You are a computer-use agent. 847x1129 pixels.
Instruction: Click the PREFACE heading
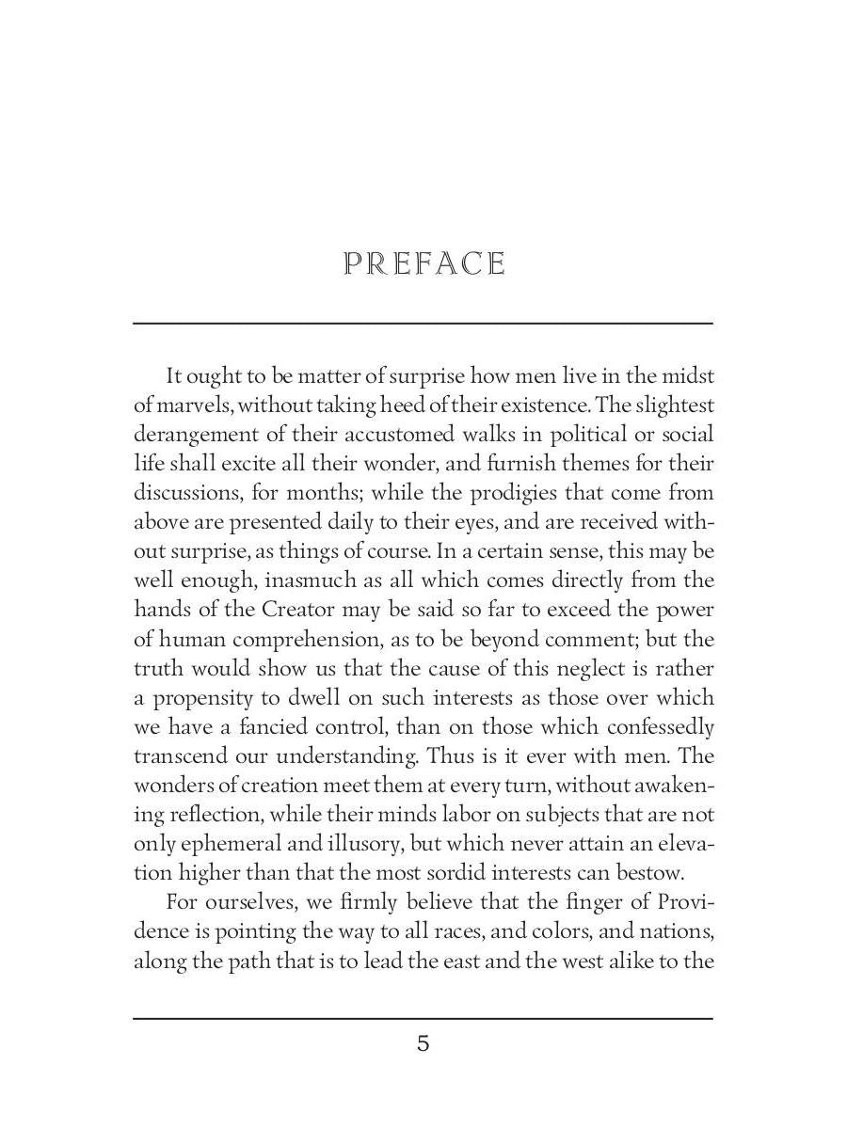click(x=423, y=264)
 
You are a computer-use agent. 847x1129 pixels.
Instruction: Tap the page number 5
click(x=423, y=1043)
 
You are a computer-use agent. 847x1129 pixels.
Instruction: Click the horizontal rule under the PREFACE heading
click(x=423, y=323)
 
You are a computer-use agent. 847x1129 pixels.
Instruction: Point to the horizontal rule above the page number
click(x=423, y=1018)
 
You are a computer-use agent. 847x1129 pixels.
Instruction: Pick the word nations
click(x=676, y=932)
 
